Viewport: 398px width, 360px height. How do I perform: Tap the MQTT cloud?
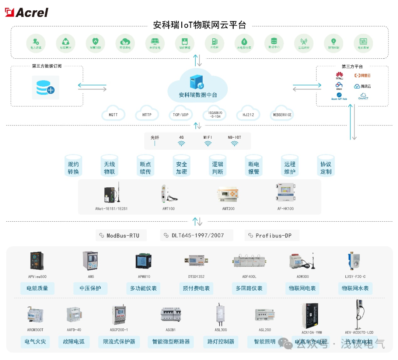point(113,114)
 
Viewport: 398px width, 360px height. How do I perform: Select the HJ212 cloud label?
point(248,114)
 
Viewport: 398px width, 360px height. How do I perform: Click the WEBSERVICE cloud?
point(282,114)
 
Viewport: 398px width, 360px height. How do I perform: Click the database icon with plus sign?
point(45,87)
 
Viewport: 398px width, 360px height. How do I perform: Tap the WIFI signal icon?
point(208,143)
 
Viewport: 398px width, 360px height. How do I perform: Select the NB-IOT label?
point(234,137)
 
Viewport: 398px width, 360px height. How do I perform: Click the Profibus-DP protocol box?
point(272,235)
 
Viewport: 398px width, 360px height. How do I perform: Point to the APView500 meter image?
point(37,260)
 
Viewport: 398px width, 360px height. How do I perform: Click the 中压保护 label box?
point(90,288)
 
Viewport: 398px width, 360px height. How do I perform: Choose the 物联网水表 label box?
point(355,288)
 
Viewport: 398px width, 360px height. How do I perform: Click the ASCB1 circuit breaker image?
point(171,315)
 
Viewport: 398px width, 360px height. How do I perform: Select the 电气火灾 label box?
point(35,342)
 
